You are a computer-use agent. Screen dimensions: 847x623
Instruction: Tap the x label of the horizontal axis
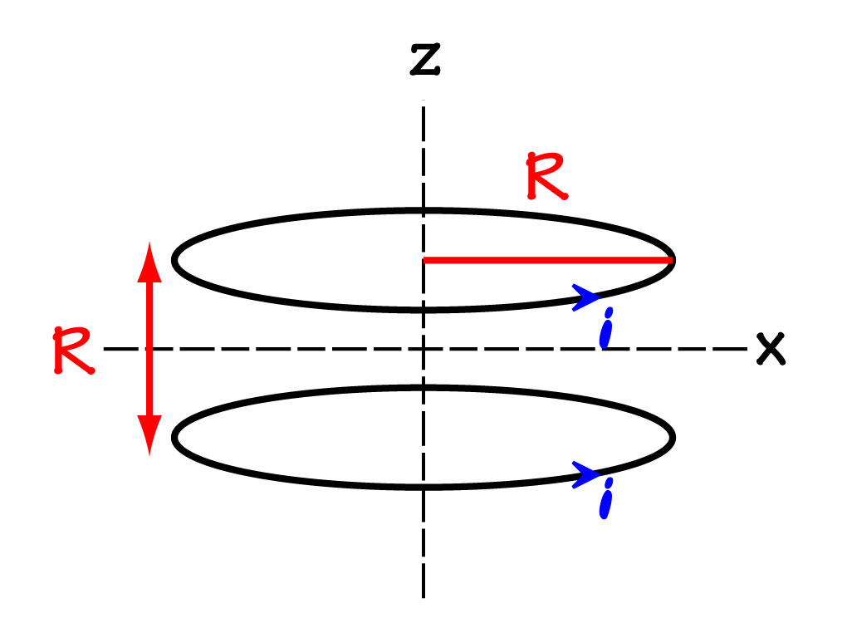(771, 349)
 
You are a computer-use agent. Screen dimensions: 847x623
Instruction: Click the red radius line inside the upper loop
(548, 260)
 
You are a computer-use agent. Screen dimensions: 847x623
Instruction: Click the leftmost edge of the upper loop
(174, 260)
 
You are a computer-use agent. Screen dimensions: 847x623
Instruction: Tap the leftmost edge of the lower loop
(174, 437)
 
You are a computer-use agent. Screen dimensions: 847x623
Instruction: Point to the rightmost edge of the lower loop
(673, 437)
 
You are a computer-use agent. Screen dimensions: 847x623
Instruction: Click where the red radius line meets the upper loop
(671, 260)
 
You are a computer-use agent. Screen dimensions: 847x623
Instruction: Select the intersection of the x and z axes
(424, 349)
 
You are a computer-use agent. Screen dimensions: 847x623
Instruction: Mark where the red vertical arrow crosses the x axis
(149, 349)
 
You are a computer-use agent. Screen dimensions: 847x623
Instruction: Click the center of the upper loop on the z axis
(424, 260)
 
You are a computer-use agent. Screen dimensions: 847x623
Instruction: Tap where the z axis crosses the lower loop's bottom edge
(424, 486)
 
